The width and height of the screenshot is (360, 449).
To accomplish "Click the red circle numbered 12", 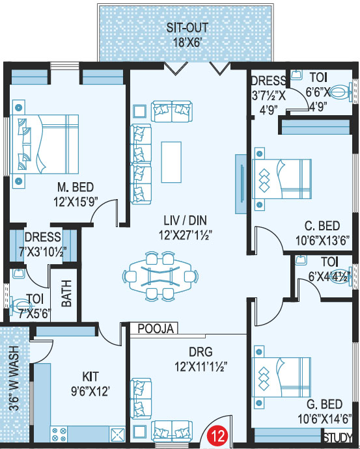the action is pos(217,436).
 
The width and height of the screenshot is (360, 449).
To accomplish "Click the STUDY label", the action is pos(338,437).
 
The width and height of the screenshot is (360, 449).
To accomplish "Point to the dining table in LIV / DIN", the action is pos(160,277).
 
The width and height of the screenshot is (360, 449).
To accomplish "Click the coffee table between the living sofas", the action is pos(171,162).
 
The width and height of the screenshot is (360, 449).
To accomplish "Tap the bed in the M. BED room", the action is pos(44,144).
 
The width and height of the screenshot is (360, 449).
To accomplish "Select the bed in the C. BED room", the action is pos(281,179).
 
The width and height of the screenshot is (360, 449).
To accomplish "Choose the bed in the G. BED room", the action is pos(281,377).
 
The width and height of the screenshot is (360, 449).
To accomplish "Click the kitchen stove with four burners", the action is pos(59,434).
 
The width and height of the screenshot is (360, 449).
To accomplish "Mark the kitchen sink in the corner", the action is pos(117,435).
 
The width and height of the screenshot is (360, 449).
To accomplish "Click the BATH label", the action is pos(66,293).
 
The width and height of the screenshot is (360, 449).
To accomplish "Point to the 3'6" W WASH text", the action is pos(14,378).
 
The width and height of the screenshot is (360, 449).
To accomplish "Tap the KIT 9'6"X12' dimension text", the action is pos(90,384).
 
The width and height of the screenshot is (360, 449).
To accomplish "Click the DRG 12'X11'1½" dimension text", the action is pos(201,359).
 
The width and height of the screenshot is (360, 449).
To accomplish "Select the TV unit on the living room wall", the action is pos(241,184).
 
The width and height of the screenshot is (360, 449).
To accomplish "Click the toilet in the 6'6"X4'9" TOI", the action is pos(340,92).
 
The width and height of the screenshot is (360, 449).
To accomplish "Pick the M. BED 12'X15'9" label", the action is pos(76,195).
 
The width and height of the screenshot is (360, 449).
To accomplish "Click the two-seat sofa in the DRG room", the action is pos(172,428).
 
